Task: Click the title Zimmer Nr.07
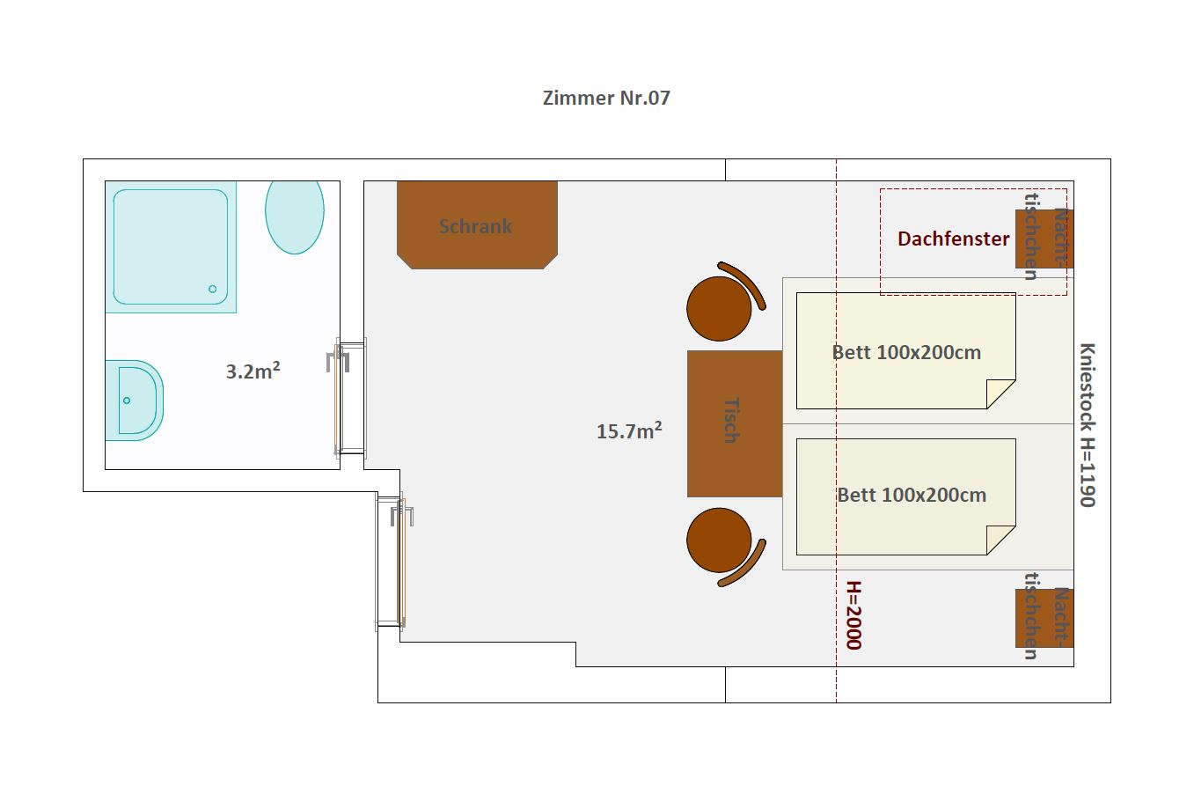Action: click(x=606, y=98)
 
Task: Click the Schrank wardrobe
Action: click(x=477, y=225)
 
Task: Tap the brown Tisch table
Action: click(x=735, y=423)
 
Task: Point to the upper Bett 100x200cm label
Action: click(x=906, y=352)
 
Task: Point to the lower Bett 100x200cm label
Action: click(x=912, y=496)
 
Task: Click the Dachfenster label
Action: click(x=953, y=239)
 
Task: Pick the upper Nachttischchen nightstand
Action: click(x=1044, y=239)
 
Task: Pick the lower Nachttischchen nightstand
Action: click(x=1044, y=618)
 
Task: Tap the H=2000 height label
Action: click(x=853, y=615)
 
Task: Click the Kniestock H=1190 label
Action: click(x=1088, y=425)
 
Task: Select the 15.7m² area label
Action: click(x=629, y=430)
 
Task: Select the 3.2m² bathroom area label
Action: click(x=253, y=371)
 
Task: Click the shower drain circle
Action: click(x=213, y=289)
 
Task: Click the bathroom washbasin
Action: click(x=135, y=401)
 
